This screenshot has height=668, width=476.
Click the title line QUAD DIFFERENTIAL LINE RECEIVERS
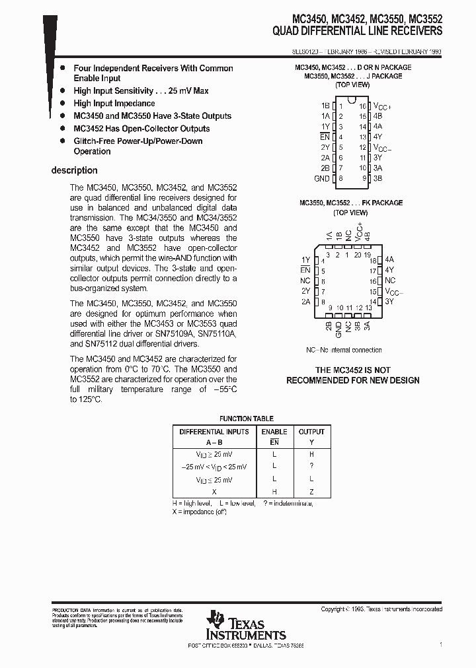(x=357, y=31)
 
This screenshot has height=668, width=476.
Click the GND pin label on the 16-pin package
(x=321, y=178)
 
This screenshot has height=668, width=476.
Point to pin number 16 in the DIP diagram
(x=362, y=106)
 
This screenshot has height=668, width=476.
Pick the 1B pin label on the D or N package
(x=325, y=106)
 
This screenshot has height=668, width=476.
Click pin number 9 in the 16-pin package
(x=364, y=178)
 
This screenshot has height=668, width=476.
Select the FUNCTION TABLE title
(x=246, y=418)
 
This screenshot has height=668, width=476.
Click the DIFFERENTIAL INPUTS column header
(x=214, y=432)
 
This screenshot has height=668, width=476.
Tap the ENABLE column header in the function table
(x=274, y=432)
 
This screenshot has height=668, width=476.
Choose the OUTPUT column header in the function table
(x=311, y=432)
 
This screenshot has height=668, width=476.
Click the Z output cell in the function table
(x=311, y=492)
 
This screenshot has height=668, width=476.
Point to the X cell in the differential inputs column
(x=214, y=492)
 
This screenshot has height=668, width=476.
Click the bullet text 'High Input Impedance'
(x=114, y=104)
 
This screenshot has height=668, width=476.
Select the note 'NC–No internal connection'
(x=343, y=350)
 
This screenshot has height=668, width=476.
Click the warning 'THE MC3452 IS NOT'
(x=352, y=370)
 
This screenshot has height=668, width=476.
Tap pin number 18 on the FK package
(x=373, y=260)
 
